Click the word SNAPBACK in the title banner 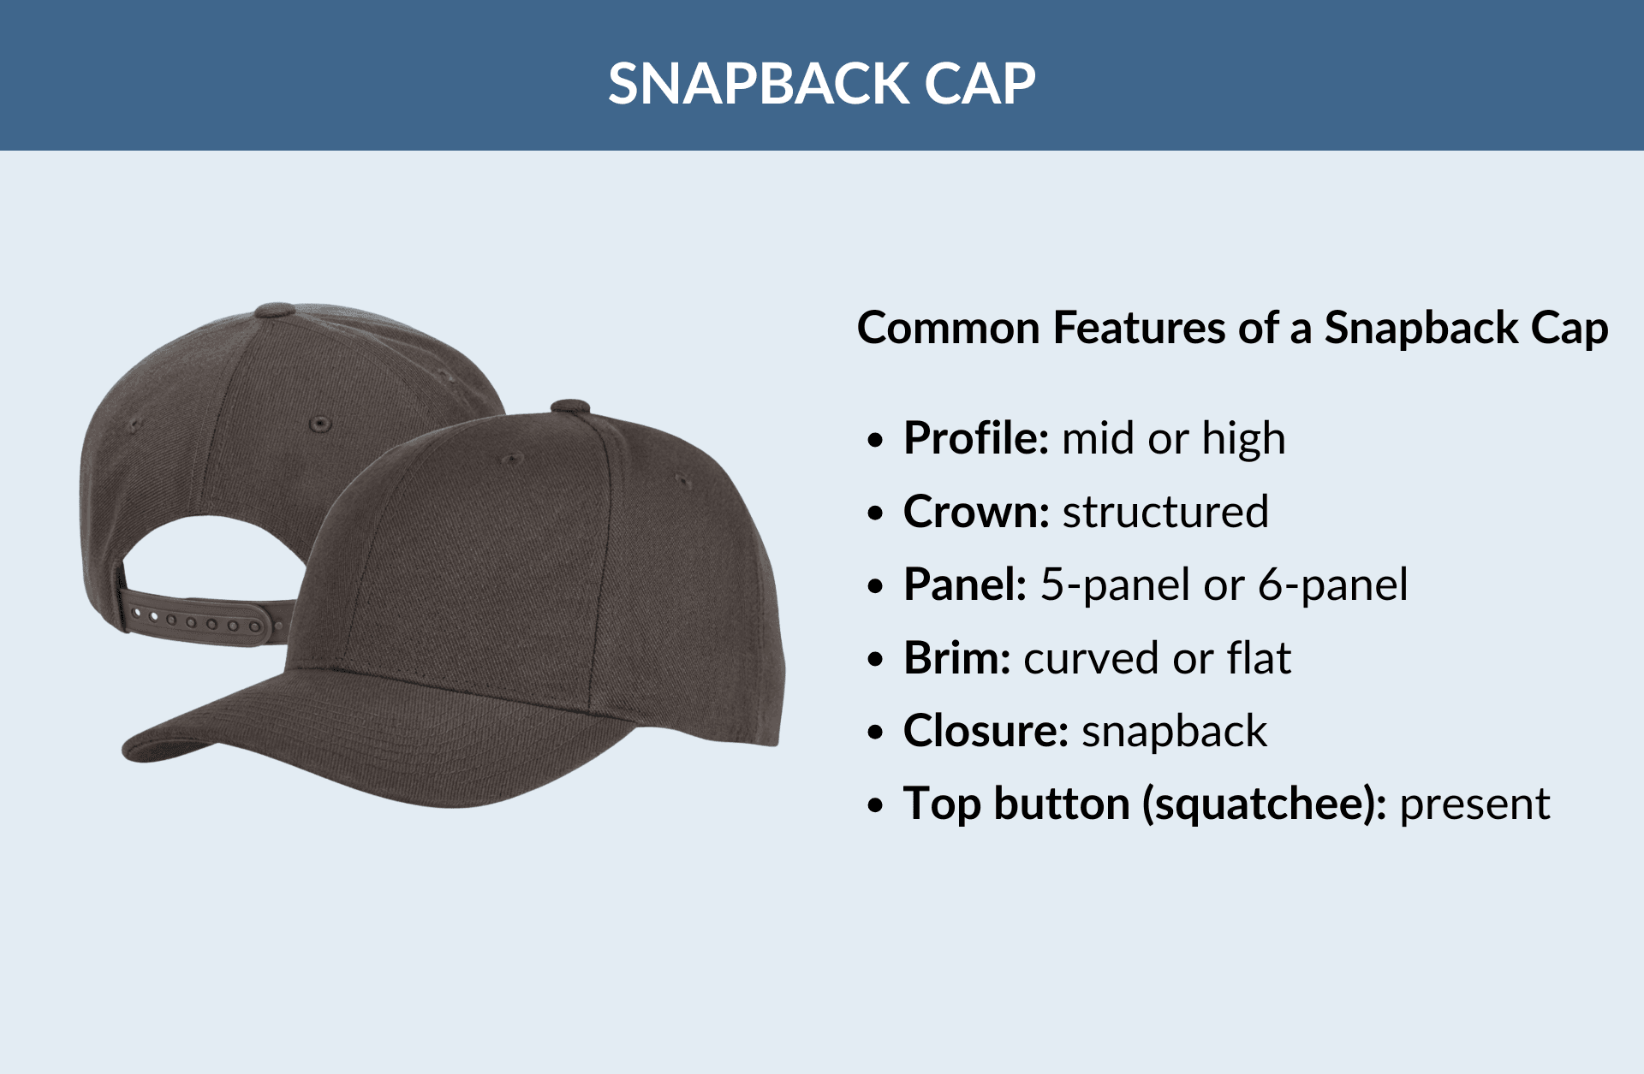pos(759,84)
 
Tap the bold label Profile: pos(976,439)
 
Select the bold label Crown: pos(976,513)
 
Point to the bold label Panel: pos(965,585)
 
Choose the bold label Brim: pos(957,659)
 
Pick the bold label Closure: pos(986,732)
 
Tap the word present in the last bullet pos(1474,805)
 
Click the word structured pos(1165,513)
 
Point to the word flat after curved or pos(1259,659)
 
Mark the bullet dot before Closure pos(874,733)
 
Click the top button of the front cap pos(569,406)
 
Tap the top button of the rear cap pos(276,309)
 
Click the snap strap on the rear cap pos(201,620)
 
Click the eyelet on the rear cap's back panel pos(320,424)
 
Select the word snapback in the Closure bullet pos(1174,732)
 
